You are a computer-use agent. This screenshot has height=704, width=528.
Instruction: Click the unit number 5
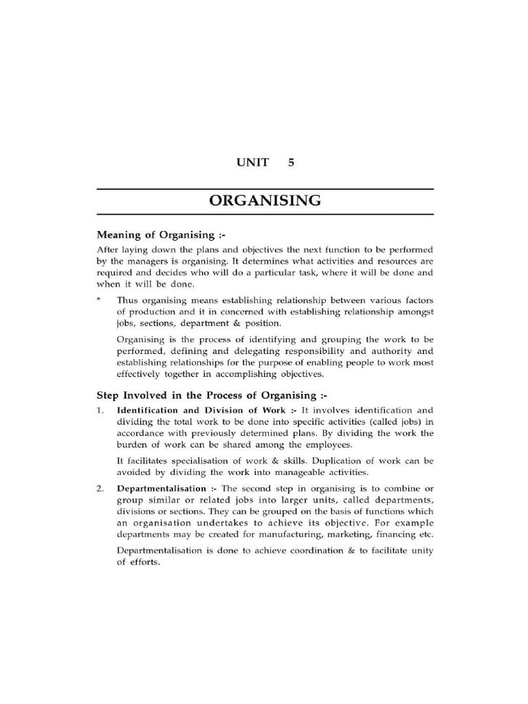(291, 163)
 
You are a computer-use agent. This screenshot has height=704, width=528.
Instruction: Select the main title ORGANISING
(265, 201)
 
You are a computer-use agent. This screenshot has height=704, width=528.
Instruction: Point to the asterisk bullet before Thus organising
(99, 300)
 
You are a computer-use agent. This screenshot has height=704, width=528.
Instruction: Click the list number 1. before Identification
(100, 410)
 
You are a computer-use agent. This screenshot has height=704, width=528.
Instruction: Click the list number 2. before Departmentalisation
(100, 487)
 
